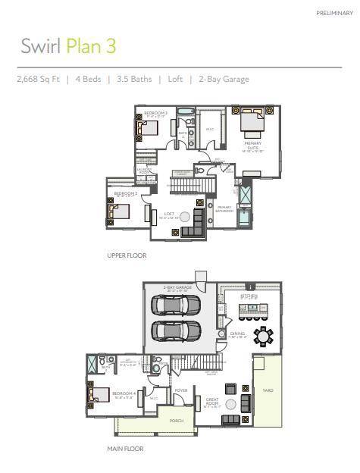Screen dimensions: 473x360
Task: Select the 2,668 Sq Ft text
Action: point(39,79)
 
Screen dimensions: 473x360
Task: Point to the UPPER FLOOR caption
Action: point(127,255)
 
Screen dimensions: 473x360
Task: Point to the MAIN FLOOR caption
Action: point(125,448)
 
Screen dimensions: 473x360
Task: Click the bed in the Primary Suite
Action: point(253,121)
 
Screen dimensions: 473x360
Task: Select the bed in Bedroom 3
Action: point(149,128)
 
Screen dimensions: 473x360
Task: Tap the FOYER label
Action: point(180,391)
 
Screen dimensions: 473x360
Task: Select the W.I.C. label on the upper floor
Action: point(210,130)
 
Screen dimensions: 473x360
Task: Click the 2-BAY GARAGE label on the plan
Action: point(175,288)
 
